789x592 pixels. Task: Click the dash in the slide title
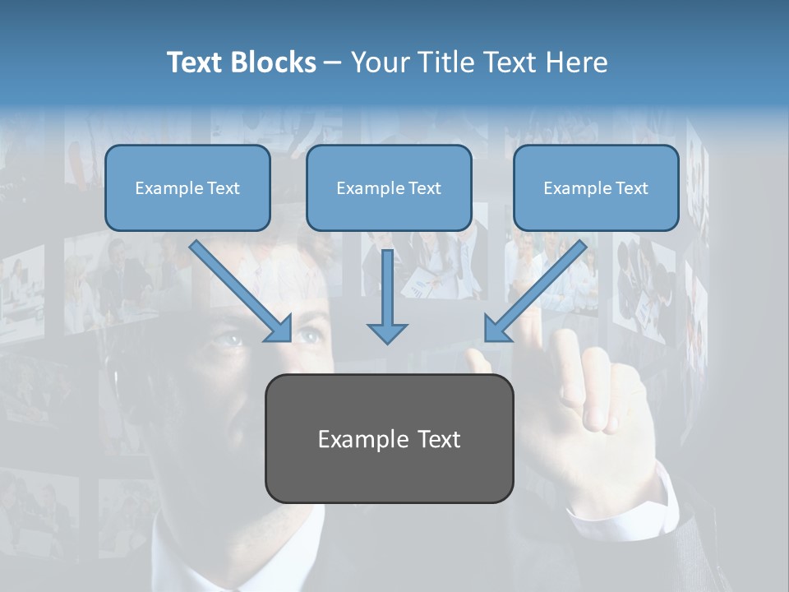pyautogui.click(x=334, y=63)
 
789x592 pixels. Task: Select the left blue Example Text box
pyautogui.click(x=187, y=187)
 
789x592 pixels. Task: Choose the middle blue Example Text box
pyautogui.click(x=389, y=187)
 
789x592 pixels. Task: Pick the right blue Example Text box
pyautogui.click(x=596, y=187)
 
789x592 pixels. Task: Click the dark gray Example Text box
pyautogui.click(x=389, y=438)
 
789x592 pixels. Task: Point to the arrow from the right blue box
pyautogui.click(x=535, y=291)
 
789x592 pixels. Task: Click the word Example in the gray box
pyautogui.click(x=358, y=439)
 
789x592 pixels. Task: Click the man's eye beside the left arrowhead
pyautogui.click(x=308, y=335)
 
